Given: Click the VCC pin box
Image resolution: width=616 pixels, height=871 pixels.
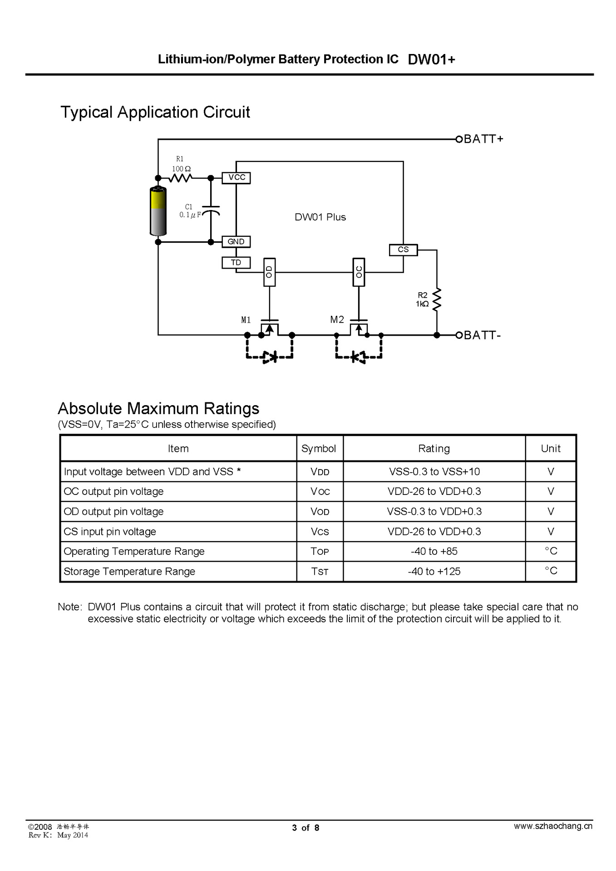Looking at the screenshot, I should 236,177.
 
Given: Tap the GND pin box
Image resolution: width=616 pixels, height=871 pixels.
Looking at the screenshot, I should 236,242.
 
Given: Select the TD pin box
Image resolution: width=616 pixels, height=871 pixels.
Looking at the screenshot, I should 236,263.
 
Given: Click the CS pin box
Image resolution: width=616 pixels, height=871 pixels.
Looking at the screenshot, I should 403,250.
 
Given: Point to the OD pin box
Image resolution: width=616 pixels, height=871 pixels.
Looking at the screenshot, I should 269,272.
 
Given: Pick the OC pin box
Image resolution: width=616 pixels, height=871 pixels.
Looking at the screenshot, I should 359,272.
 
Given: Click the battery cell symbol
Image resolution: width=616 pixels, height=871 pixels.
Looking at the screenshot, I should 158,211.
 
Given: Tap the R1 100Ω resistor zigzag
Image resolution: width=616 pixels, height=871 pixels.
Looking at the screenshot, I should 180,178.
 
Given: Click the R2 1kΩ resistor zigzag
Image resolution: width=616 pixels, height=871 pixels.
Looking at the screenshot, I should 437,299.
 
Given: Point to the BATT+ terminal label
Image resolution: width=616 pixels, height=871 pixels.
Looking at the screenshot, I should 483,139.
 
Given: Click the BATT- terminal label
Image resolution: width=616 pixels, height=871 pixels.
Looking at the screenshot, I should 482,335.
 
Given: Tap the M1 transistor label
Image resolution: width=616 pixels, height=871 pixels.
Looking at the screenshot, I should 246,320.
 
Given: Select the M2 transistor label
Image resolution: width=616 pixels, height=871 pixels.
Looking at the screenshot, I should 337,320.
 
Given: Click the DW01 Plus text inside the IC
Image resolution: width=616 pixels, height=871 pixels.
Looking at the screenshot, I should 320,217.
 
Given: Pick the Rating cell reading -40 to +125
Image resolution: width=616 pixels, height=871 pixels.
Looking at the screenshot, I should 434,572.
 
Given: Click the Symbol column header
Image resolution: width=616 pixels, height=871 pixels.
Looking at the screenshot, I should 319,449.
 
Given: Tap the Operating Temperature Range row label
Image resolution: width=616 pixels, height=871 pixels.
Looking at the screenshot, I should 134,552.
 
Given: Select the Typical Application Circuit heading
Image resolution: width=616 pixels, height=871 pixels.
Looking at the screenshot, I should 155,112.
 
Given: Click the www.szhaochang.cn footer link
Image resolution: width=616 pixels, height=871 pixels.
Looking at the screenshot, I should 553,826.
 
